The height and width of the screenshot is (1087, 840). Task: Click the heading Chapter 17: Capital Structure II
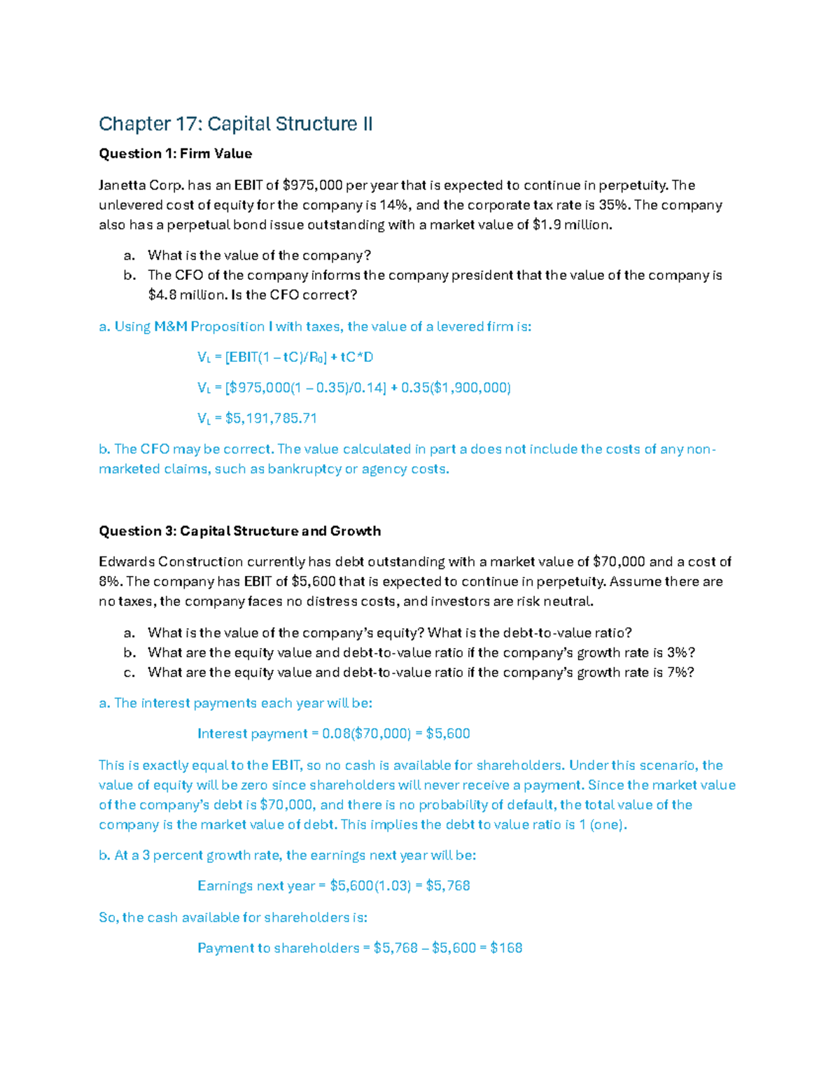pos(235,124)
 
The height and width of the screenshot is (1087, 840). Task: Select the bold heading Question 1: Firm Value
pos(175,154)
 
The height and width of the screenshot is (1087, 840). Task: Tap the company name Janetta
pos(119,185)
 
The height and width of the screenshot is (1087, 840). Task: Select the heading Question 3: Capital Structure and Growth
pos(239,531)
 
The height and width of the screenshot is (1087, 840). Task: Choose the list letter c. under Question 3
pos(129,673)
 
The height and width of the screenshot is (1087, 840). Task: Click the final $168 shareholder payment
pos(506,948)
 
